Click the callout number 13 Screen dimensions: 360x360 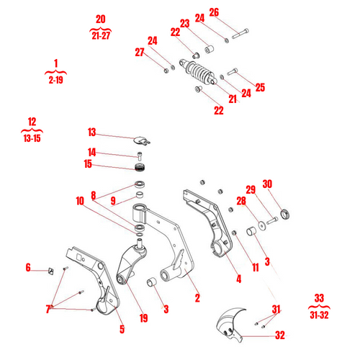click(91, 132)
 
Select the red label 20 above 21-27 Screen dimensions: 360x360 click(101, 18)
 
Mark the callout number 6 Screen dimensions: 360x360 click(28, 268)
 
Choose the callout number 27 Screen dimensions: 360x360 click(139, 52)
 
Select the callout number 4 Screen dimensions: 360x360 click(238, 279)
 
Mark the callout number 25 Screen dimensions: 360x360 click(260, 87)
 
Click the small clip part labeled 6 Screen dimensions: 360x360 click(50, 271)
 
